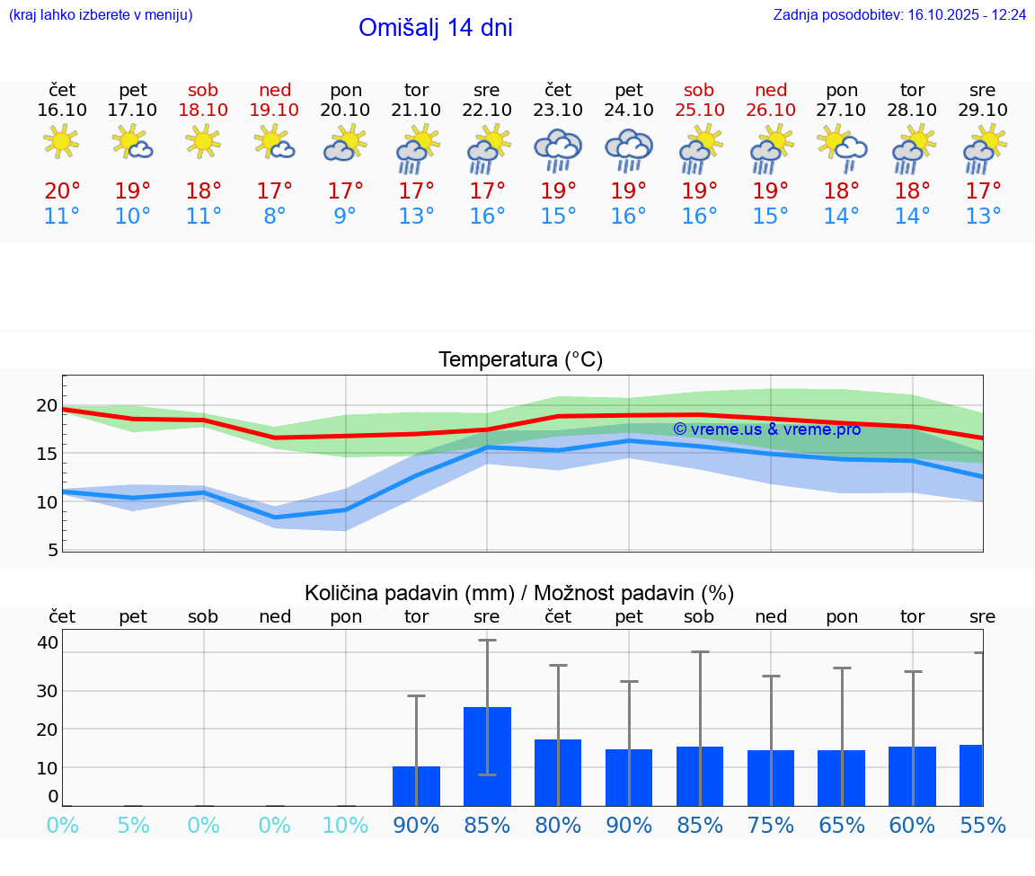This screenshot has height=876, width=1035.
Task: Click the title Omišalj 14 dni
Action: tap(435, 28)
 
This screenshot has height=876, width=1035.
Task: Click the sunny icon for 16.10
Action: tap(61, 141)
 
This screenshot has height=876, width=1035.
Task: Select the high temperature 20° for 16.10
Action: tap(62, 190)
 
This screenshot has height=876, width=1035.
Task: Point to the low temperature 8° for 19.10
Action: tap(275, 216)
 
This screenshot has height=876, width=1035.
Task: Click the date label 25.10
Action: tap(699, 110)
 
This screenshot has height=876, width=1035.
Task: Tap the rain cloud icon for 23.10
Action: tap(558, 149)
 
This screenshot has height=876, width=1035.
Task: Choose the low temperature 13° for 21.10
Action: tap(416, 216)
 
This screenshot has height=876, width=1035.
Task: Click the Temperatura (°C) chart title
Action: tap(520, 359)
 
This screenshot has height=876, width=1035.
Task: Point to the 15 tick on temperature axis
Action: tap(47, 454)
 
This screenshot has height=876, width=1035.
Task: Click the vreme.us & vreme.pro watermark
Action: tap(766, 429)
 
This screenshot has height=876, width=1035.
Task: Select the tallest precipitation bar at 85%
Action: tap(487, 757)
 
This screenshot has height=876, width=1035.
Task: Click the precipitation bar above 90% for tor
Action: tap(416, 786)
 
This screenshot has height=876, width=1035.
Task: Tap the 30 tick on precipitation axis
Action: tap(47, 691)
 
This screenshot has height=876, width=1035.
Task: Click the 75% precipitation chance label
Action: tap(771, 825)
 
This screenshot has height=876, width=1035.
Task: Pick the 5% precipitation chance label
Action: tap(133, 825)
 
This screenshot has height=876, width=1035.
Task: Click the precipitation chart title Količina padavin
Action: tap(519, 593)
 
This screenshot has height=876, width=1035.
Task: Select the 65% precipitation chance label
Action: tap(842, 825)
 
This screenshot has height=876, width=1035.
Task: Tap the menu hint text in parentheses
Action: tap(101, 14)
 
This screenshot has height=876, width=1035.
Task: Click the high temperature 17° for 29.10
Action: tap(983, 190)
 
